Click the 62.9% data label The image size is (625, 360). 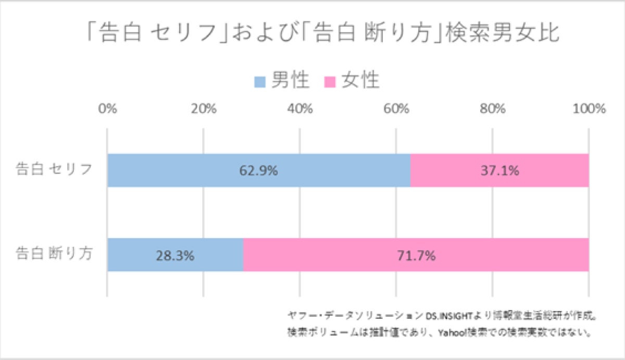[259, 170]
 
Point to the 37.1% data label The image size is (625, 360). [499, 170]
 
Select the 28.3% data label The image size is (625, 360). [175, 255]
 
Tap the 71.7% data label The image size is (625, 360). [416, 255]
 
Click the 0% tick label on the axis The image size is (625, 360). [107, 109]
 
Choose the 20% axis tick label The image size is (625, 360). [204, 109]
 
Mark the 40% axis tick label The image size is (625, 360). [300, 109]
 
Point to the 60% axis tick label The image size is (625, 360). [396, 109]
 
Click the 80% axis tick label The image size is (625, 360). [493, 109]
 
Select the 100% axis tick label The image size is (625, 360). [589, 109]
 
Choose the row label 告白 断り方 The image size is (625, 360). [54, 254]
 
